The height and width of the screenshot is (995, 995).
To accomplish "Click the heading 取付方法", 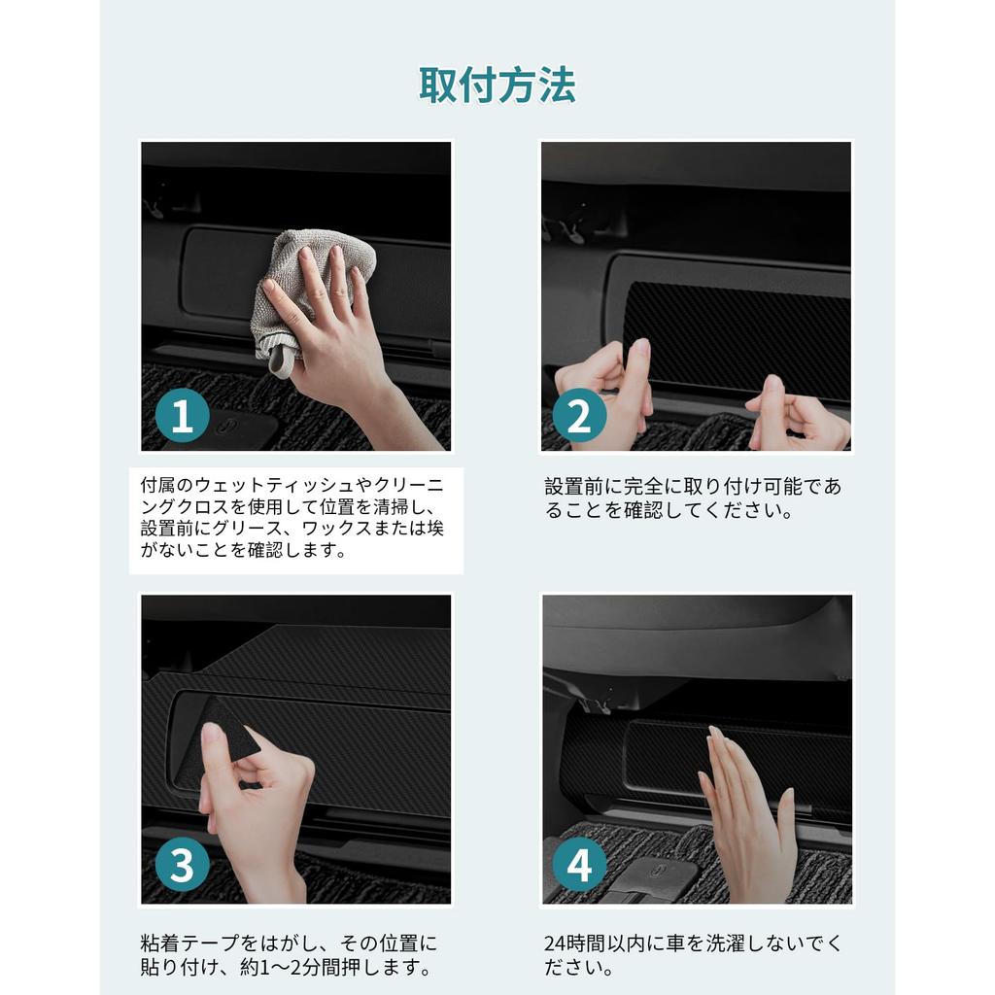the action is [497, 86].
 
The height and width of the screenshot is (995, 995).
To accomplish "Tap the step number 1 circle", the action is [182, 416].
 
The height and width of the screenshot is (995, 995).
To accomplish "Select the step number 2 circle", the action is [579, 416].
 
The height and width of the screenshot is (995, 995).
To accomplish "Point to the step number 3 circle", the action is [182, 864].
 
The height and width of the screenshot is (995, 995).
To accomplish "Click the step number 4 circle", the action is [579, 864].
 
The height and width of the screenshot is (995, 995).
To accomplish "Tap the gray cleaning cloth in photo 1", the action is [304, 286].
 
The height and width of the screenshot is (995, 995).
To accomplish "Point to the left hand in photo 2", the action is [602, 387].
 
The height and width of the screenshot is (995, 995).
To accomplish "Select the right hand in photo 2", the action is [797, 416].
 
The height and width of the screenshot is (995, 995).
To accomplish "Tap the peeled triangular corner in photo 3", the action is [227, 730].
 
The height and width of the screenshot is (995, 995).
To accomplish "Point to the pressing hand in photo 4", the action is [749, 818].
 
